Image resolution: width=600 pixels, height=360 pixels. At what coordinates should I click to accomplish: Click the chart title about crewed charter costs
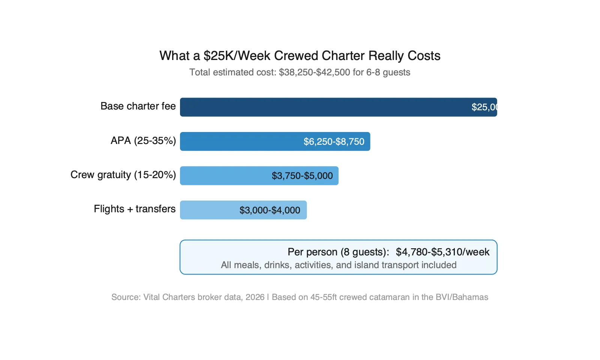[x=300, y=55]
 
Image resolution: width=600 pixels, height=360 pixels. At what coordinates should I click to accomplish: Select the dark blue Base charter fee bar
[x=322, y=107]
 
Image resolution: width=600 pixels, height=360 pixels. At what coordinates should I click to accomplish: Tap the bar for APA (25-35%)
[x=240, y=141]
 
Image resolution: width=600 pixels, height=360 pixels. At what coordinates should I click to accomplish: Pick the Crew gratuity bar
[x=225, y=175]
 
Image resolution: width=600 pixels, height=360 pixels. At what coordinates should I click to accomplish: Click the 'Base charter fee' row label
[x=138, y=106]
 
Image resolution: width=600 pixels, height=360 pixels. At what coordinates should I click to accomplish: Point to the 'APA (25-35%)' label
[x=143, y=141]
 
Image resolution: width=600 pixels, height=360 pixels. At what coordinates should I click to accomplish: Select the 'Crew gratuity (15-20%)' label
[x=123, y=175]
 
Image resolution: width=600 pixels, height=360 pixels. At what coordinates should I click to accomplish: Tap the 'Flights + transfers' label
[x=135, y=209]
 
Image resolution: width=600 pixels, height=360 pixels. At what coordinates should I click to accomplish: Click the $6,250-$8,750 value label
[x=334, y=142]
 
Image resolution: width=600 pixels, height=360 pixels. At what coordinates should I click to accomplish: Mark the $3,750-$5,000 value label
[x=302, y=176]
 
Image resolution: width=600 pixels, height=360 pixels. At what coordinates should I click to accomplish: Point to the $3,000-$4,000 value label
[x=270, y=210]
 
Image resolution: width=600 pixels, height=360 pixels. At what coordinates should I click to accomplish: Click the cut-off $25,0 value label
[x=484, y=107]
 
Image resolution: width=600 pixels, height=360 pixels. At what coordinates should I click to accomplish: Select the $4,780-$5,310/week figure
[x=442, y=252]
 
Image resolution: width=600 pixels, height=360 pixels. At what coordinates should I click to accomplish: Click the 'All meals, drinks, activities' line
[x=339, y=265]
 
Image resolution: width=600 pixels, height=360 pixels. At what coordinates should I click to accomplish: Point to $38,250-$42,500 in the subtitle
[x=314, y=72]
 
